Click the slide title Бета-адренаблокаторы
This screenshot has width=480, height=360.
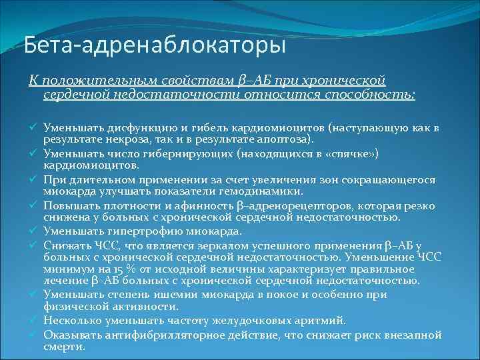coord(155,46)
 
